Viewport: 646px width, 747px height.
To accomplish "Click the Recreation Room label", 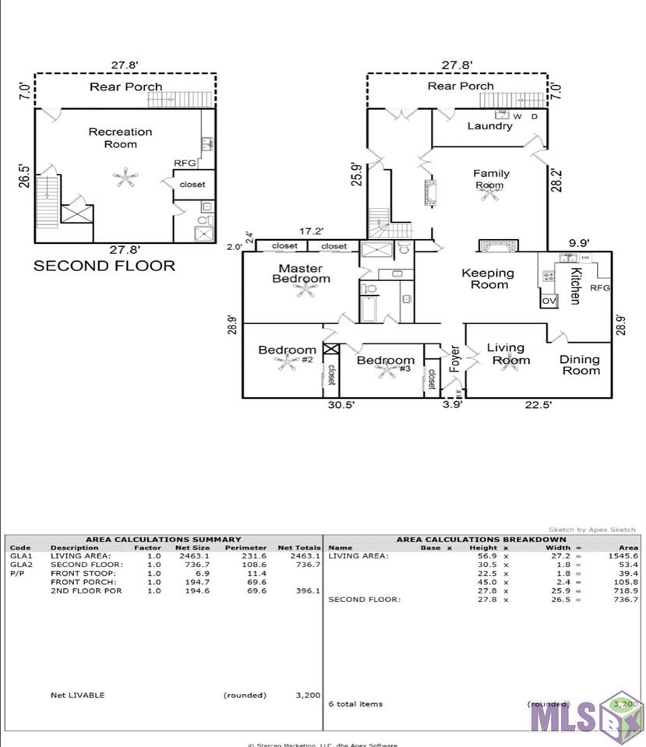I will (120, 138).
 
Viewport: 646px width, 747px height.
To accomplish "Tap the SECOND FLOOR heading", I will (104, 266).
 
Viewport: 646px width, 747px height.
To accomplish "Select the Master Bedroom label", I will (301, 273).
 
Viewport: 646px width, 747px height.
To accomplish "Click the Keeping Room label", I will (488, 278).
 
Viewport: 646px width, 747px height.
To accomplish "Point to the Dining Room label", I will (581, 365).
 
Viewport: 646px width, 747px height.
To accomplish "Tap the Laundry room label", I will (489, 126).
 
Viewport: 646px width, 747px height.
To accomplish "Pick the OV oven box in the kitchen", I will (549, 301).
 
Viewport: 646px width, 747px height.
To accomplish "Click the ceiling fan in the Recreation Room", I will (125, 178).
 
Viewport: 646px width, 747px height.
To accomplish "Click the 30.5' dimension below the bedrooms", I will (341, 405).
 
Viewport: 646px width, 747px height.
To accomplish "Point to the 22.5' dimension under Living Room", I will (538, 405).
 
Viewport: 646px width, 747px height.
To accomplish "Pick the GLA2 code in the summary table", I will (21, 565).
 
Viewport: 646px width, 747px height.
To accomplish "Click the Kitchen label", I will (575, 286).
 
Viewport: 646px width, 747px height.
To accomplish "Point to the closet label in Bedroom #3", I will (431, 379).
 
